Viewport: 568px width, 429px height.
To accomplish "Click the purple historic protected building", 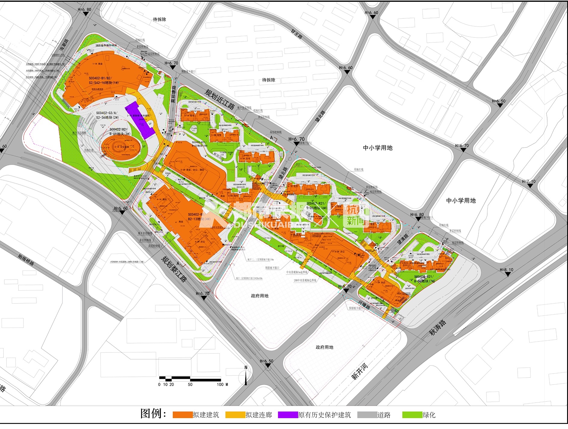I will click(140, 120).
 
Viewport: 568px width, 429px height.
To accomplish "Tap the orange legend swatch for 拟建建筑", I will click(182, 415).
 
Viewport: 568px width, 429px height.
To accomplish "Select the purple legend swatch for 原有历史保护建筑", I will click(288, 415).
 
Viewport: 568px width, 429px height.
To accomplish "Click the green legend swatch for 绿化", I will click(412, 415).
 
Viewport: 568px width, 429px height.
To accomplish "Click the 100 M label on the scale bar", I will click(222, 384).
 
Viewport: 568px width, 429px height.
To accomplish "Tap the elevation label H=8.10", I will click(507, 270).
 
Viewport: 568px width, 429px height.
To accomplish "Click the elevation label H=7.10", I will click(529, 181).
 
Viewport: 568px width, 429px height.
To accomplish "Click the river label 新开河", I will click(360, 372).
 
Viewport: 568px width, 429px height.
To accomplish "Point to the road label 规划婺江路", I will click(174, 269).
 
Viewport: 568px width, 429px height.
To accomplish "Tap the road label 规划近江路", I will click(220, 99).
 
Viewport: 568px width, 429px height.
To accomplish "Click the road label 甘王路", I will click(297, 34).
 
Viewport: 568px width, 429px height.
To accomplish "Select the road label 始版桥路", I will click(26, 259).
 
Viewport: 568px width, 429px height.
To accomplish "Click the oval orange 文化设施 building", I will click(121, 147).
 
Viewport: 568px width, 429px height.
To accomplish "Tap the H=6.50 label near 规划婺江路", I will click(267, 361).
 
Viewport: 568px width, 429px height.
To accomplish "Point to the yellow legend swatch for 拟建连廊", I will click(235, 415).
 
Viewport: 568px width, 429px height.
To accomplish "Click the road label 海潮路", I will click(64, 45).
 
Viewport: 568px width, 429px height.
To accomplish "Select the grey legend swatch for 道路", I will click(367, 415).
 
